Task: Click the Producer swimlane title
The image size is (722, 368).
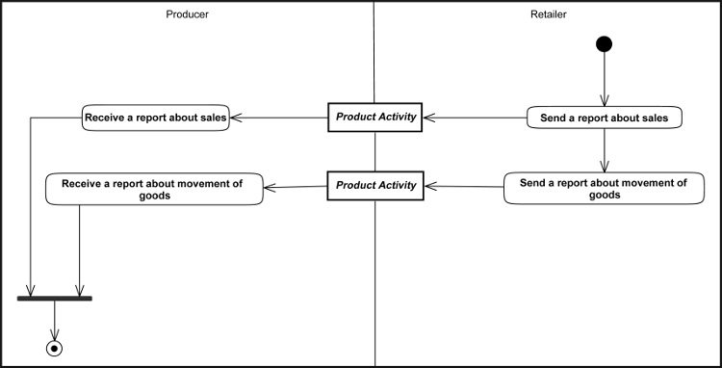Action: pyautogui.click(x=188, y=14)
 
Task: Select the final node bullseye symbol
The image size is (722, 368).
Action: pyautogui.click(x=55, y=347)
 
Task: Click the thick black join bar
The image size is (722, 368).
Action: pyautogui.click(x=55, y=299)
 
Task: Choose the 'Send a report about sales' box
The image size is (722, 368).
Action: pyautogui.click(x=604, y=118)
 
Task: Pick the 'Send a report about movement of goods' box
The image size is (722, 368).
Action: pyautogui.click(x=604, y=188)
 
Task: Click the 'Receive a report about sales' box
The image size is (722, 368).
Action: pyautogui.click(x=156, y=118)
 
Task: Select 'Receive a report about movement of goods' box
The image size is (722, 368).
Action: pyautogui.click(x=155, y=188)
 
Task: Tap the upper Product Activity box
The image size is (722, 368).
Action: pyautogui.click(x=375, y=117)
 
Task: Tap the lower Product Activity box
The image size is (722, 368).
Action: pyautogui.click(x=375, y=184)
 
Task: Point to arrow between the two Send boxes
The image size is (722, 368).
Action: pyautogui.click(x=604, y=150)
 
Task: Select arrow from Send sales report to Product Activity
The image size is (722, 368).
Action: pyautogui.click(x=476, y=118)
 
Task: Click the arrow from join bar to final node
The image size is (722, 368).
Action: pyautogui.click(x=55, y=319)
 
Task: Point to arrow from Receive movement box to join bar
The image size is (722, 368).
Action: pyautogui.click(x=79, y=250)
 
